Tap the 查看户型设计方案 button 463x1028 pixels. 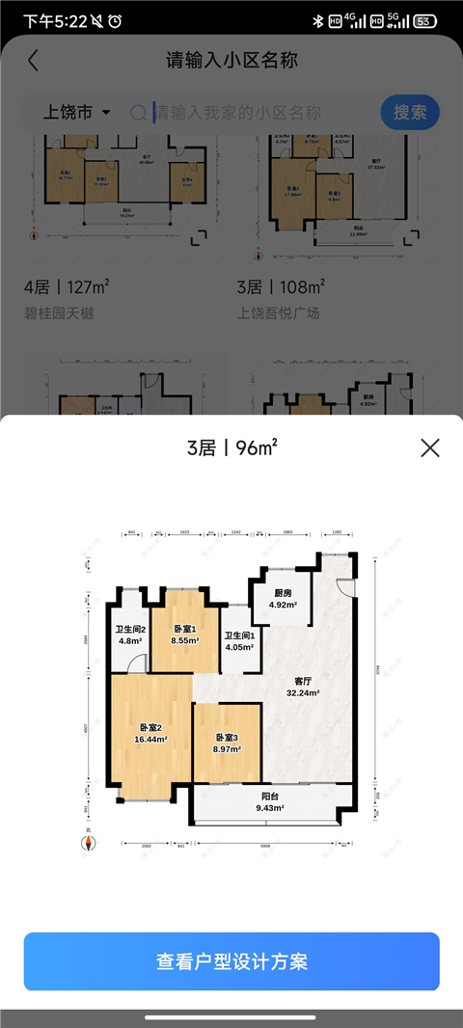coord(231,961)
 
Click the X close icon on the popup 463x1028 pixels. coord(430,447)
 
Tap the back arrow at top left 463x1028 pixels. coord(34,60)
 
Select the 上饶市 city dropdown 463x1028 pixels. coord(77,113)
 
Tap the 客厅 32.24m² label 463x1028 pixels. coord(302,686)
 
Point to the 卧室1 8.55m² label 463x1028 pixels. coord(185,634)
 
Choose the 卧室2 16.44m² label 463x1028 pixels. coord(152,734)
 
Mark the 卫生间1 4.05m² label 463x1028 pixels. coord(239,641)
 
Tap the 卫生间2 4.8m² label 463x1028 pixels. coord(130,634)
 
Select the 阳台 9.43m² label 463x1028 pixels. coord(271,802)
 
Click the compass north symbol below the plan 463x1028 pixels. coord(88,844)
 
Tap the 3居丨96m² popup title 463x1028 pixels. coord(231,447)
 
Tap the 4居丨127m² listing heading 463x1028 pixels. coord(67,286)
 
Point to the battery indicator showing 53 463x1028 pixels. coord(422,21)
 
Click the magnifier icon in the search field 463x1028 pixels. coord(140,113)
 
